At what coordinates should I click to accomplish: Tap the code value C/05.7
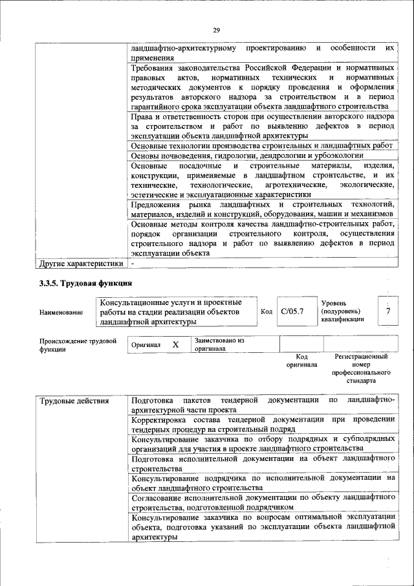point(292,311)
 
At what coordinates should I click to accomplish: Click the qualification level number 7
point(388,311)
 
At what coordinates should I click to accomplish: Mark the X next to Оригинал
point(175,344)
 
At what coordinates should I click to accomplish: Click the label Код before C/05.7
point(266,311)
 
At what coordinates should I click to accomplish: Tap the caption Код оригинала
point(301,361)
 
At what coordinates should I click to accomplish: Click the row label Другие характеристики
point(81,264)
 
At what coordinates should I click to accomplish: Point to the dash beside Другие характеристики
point(132,264)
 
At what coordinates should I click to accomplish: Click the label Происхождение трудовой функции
point(78,344)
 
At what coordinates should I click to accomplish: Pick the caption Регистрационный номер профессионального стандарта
point(361,369)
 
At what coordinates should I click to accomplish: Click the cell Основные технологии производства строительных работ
point(261,146)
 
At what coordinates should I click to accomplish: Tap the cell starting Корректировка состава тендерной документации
point(262,423)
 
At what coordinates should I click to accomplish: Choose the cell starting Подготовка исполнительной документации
point(262,462)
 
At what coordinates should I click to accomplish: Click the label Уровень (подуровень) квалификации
point(343,311)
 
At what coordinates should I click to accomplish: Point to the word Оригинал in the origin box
point(146,345)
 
